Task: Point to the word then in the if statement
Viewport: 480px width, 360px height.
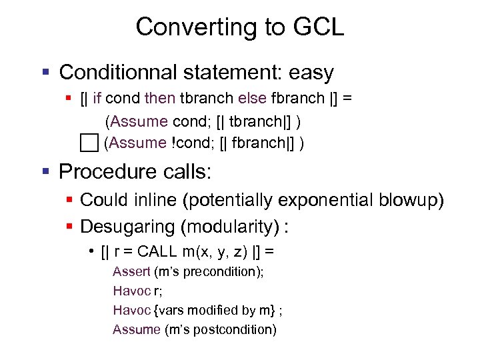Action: coord(159,99)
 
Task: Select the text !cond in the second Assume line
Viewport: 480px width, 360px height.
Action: coord(194,143)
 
